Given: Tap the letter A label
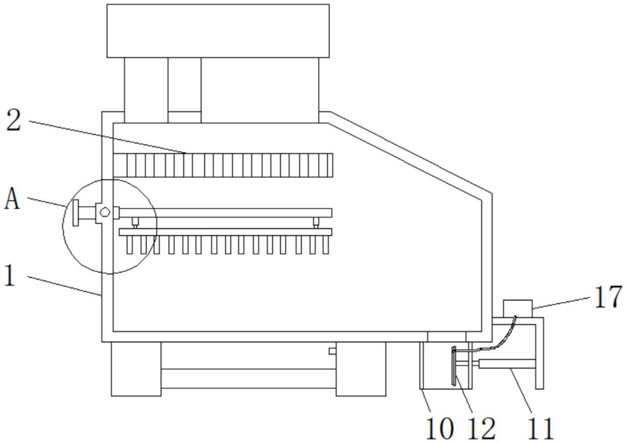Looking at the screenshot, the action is (x=12, y=200).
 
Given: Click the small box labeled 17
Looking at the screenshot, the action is (x=518, y=308).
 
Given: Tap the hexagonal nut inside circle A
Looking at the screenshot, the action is (x=105, y=212).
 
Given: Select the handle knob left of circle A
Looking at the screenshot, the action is (x=76, y=212).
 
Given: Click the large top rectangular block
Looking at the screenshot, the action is (x=218, y=31).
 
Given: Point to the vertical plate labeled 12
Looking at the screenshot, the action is (x=453, y=366).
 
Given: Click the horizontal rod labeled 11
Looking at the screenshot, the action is (x=506, y=364).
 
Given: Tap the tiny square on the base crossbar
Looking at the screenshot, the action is (x=332, y=351).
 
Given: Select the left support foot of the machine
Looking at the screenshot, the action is (x=136, y=369).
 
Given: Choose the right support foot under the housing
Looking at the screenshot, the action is (x=361, y=369).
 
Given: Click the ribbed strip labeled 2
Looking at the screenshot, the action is (x=223, y=165).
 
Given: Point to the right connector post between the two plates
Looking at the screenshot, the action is (x=316, y=222).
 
